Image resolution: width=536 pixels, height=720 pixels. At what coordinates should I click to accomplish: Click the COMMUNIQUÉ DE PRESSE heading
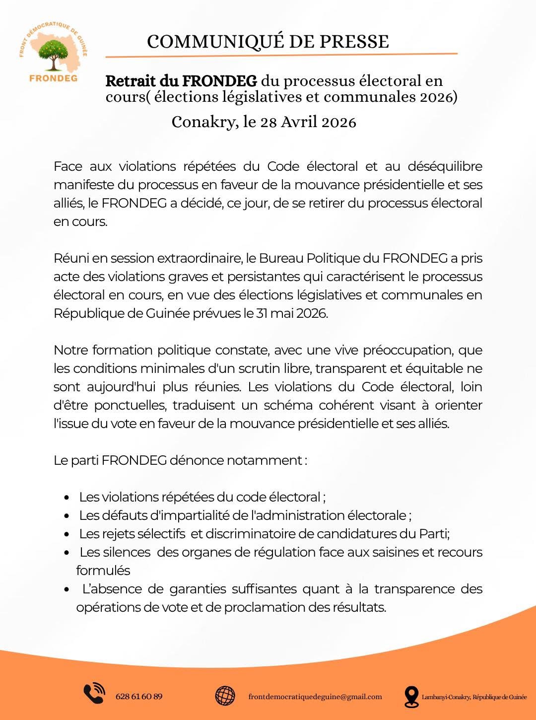[x=268, y=41]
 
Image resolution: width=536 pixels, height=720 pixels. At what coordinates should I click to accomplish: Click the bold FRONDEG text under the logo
[x=53, y=78]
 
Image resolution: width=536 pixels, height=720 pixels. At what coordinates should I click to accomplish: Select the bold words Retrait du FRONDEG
[x=181, y=80]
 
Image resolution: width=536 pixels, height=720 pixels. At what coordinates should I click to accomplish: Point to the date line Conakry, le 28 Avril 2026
[x=264, y=122]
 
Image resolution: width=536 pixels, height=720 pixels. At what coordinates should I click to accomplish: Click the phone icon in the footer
[x=94, y=694]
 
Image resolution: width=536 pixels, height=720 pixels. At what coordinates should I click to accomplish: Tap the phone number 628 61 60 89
[x=138, y=696]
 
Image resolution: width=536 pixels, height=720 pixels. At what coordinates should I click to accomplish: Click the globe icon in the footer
[x=225, y=696]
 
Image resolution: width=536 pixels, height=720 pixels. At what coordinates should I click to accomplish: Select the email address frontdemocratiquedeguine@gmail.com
[x=315, y=697]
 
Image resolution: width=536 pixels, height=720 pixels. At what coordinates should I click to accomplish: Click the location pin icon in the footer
[x=411, y=697]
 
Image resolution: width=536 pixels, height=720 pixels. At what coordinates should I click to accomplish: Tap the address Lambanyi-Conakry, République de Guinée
[x=474, y=697]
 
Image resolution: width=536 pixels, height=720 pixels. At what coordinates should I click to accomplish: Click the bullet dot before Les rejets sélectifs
[x=67, y=534]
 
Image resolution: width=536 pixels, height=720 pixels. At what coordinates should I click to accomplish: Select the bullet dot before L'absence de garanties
[x=67, y=589]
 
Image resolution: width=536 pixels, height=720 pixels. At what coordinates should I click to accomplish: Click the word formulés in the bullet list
[x=103, y=571]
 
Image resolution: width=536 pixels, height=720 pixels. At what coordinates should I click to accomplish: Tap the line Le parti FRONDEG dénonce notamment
[x=180, y=460]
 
